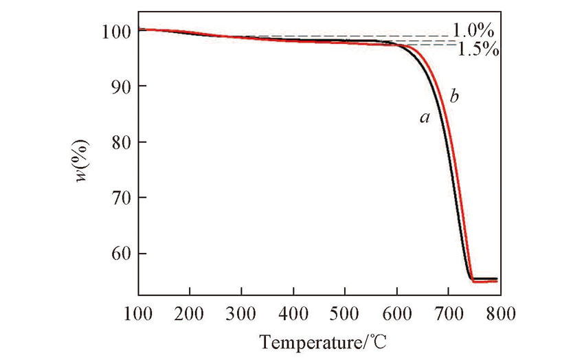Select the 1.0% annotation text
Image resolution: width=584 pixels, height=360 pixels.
[x=473, y=31]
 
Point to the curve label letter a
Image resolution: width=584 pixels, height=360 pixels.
[x=425, y=119]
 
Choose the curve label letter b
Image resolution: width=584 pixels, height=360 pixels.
[x=453, y=97]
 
